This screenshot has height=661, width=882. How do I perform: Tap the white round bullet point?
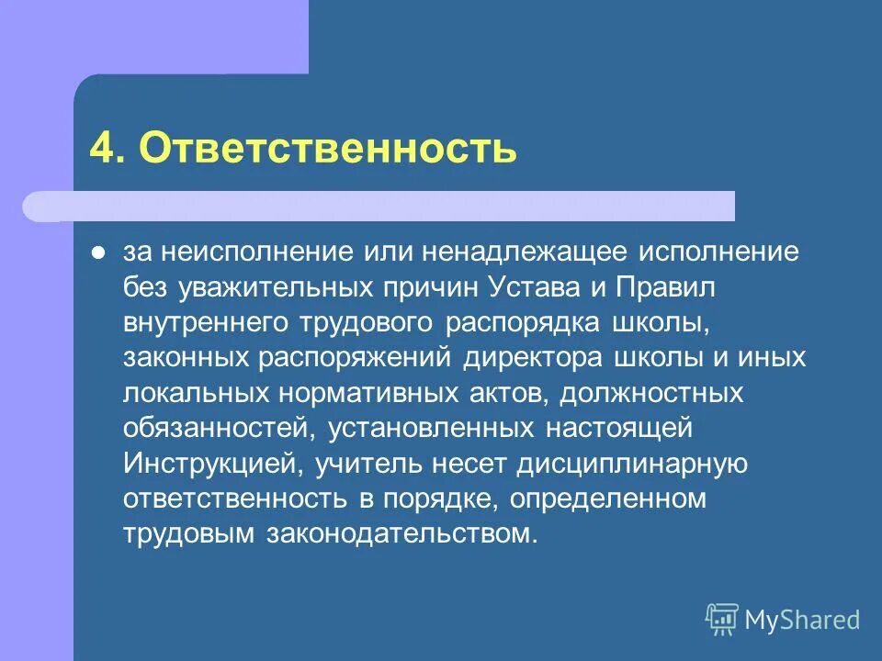pyautogui.click(x=99, y=251)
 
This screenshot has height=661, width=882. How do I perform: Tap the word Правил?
pyautogui.click(x=662, y=286)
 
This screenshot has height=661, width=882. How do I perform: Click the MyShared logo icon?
pyautogui.click(x=722, y=620)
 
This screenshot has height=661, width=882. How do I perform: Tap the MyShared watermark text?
pyautogui.click(x=802, y=621)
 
